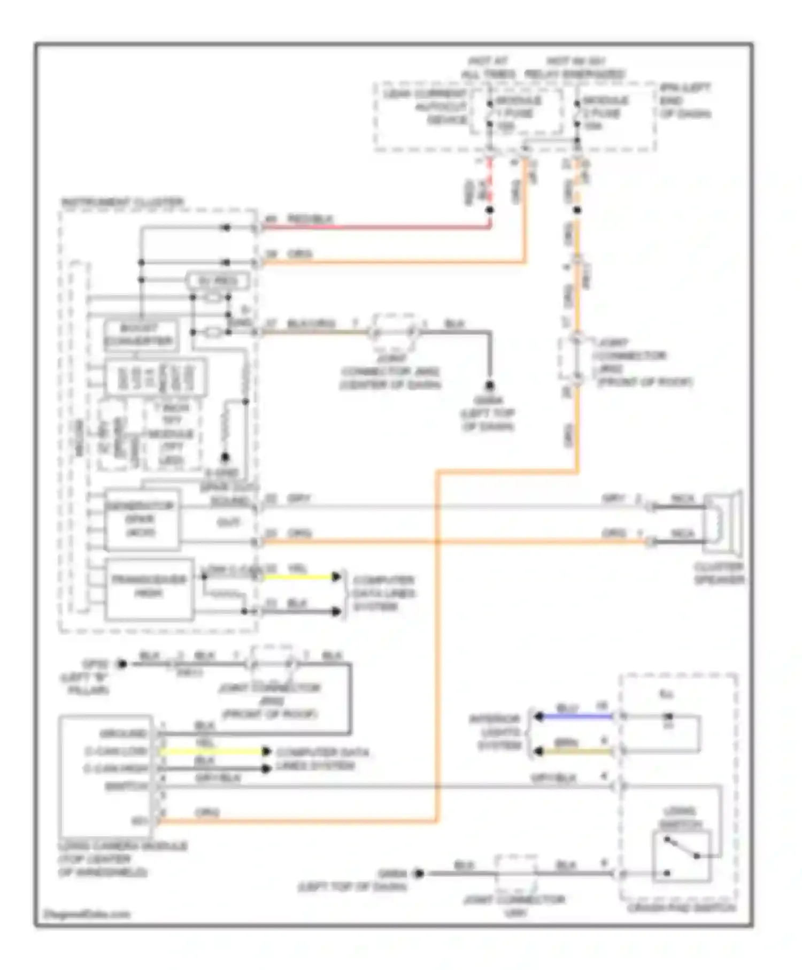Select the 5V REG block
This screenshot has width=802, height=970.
pyautogui.click(x=218, y=281)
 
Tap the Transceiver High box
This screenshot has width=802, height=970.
pyautogui.click(x=149, y=588)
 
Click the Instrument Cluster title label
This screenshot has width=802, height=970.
pyautogui.click(x=122, y=203)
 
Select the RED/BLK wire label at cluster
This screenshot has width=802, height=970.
pyautogui.click(x=310, y=219)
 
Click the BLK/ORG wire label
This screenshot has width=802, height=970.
pyautogui.click(x=311, y=324)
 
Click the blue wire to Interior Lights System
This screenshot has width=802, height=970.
pyautogui.click(x=575, y=716)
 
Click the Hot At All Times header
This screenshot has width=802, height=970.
pyautogui.click(x=488, y=67)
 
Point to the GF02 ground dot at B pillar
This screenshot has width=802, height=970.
pyautogui.click(x=122, y=664)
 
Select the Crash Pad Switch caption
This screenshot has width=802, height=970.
pyautogui.click(x=681, y=907)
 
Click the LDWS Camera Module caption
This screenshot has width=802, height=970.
pyautogui.click(x=122, y=859)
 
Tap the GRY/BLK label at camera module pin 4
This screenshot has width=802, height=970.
pyautogui.click(x=218, y=778)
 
